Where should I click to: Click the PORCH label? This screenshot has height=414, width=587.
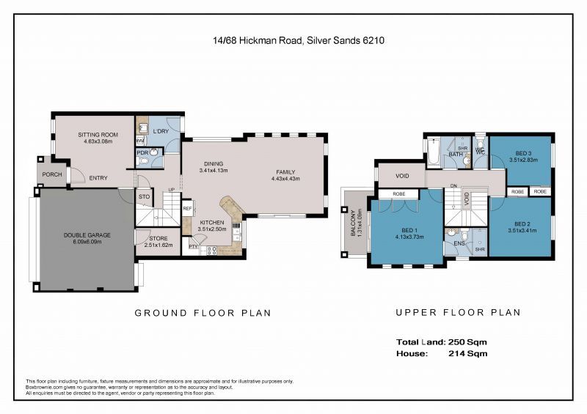coord(52,174)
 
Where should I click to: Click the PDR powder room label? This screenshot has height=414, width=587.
coord(142,152)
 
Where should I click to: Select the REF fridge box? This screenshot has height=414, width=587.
coord(188,209)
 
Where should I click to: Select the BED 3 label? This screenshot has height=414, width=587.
coord(522,156)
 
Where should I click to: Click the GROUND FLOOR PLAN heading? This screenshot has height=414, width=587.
coord(203,313)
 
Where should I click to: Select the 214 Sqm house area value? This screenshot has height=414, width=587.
coord(467,353)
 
